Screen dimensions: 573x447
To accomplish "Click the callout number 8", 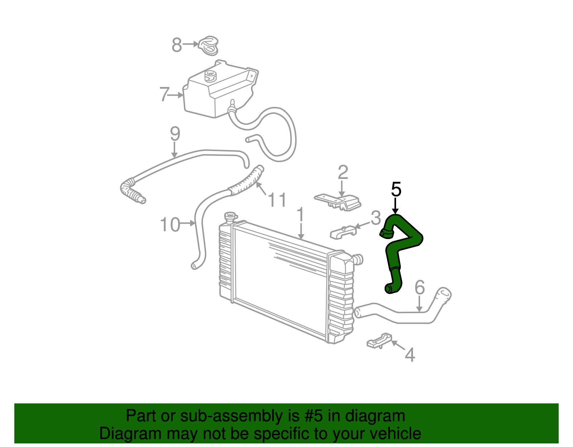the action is pos(177,45).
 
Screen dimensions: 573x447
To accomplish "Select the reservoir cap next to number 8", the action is pos(208,46).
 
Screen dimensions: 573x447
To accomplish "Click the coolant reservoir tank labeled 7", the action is pos(221,89).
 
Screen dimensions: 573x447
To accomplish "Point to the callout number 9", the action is pos(175,134).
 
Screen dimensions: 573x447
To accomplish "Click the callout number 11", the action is pos(277,200).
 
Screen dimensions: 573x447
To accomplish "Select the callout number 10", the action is pos(170,225).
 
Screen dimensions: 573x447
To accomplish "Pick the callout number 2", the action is pos(343,172).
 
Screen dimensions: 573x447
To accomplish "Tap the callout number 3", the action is pos(376,218).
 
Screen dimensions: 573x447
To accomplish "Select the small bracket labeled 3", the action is pos(343,232).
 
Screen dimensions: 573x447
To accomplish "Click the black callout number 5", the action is pos(396,189).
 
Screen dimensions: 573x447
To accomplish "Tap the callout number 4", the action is pos(410,355).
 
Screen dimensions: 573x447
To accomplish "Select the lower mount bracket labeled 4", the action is pos(379,341).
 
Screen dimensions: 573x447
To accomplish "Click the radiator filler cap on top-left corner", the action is pos(230,217).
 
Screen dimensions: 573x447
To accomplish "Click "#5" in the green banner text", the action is pos(313,416).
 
